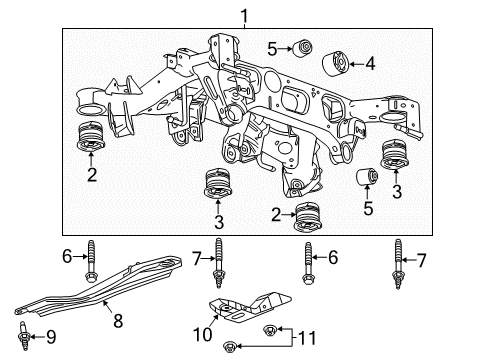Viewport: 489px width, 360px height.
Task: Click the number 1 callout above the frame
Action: point(239,13)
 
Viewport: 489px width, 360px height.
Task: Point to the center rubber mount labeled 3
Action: point(217,186)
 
